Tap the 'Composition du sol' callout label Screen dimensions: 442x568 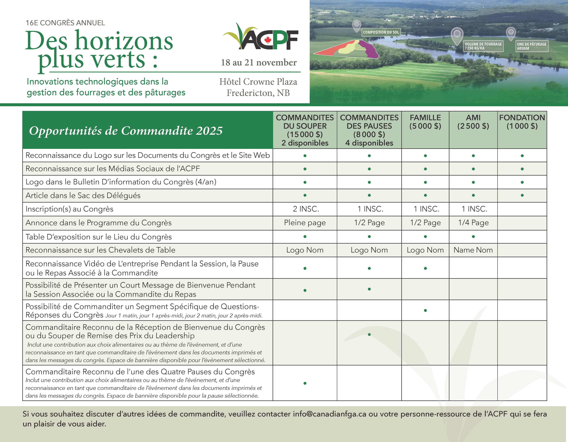(x=381, y=32)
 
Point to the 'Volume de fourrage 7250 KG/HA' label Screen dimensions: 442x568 (x=483, y=46)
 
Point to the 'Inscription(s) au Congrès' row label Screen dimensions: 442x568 (x=69, y=209)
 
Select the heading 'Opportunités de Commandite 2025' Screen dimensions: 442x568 (x=126, y=131)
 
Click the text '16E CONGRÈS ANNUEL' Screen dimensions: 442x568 (x=65, y=23)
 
